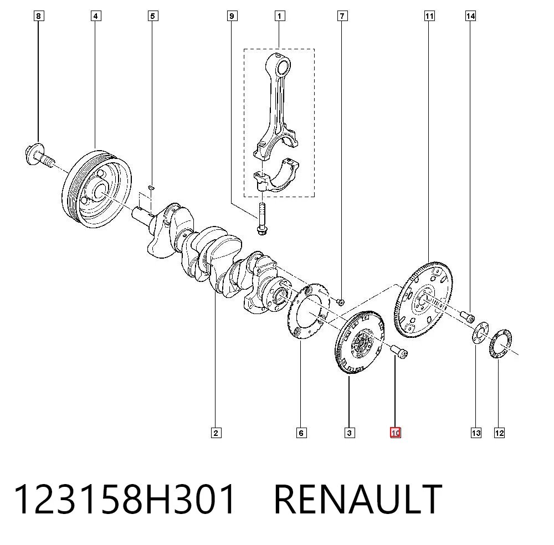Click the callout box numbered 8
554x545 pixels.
(39, 16)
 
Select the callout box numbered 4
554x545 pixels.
(96, 16)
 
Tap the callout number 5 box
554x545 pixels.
(153, 16)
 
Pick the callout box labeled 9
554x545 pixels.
(232, 16)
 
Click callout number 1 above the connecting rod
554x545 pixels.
(279, 16)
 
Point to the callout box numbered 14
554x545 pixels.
(470, 16)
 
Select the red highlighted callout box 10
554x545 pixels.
(396, 433)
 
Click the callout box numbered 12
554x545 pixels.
(499, 433)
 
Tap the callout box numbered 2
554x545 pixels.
(216, 433)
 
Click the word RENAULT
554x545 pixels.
(358, 499)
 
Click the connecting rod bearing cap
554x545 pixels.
(276, 176)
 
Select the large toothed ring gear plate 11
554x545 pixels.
(423, 300)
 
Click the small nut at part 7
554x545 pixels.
(341, 302)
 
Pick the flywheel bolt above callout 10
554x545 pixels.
(399, 352)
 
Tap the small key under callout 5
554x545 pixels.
(151, 187)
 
